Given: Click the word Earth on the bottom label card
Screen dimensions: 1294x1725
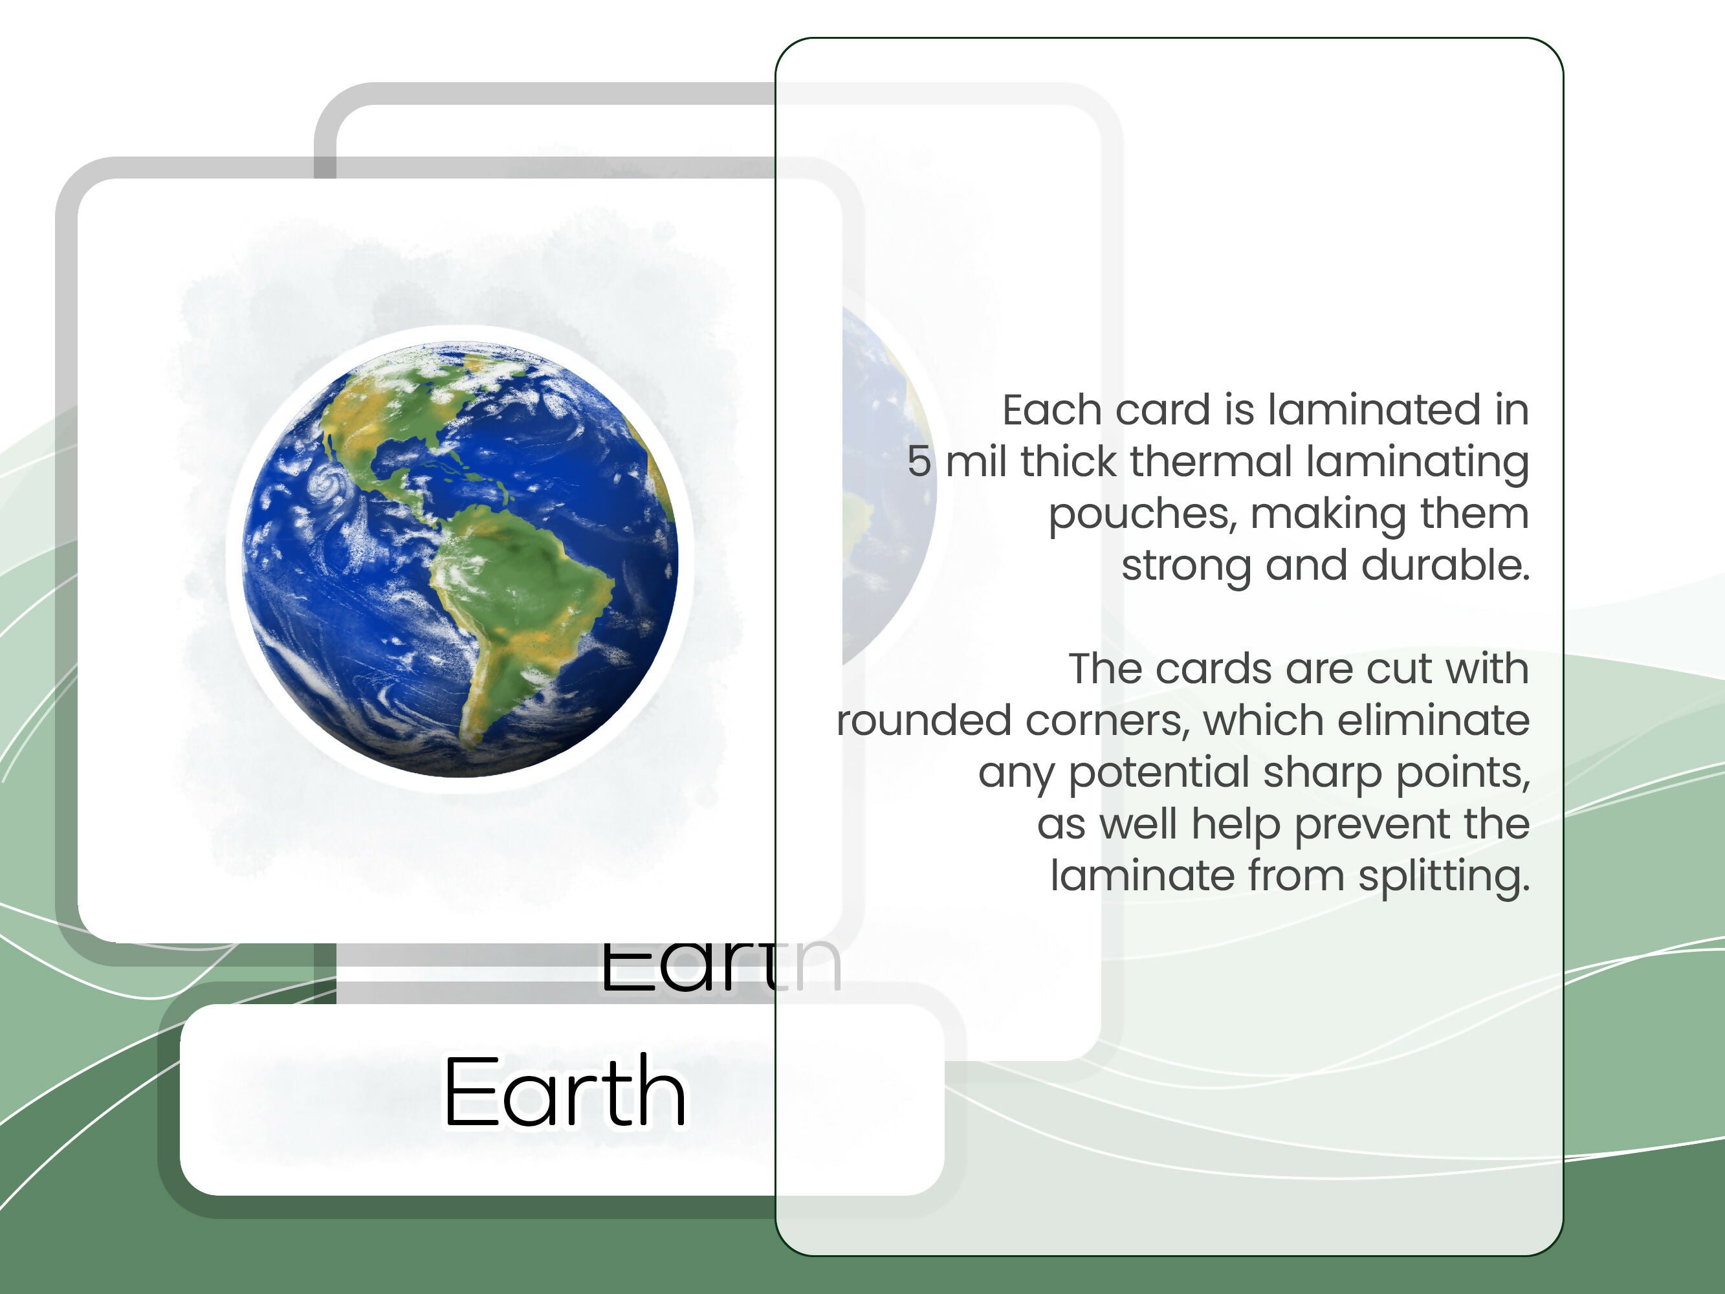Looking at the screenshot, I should click(x=565, y=1092).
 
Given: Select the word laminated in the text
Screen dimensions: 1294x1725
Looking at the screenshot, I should click(x=1374, y=410).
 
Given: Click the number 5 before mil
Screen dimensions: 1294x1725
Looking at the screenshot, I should click(x=919, y=462).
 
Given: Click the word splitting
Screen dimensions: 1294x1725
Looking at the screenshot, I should click(x=1444, y=877).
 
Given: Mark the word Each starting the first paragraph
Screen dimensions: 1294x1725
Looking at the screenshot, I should click(x=1053, y=410).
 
